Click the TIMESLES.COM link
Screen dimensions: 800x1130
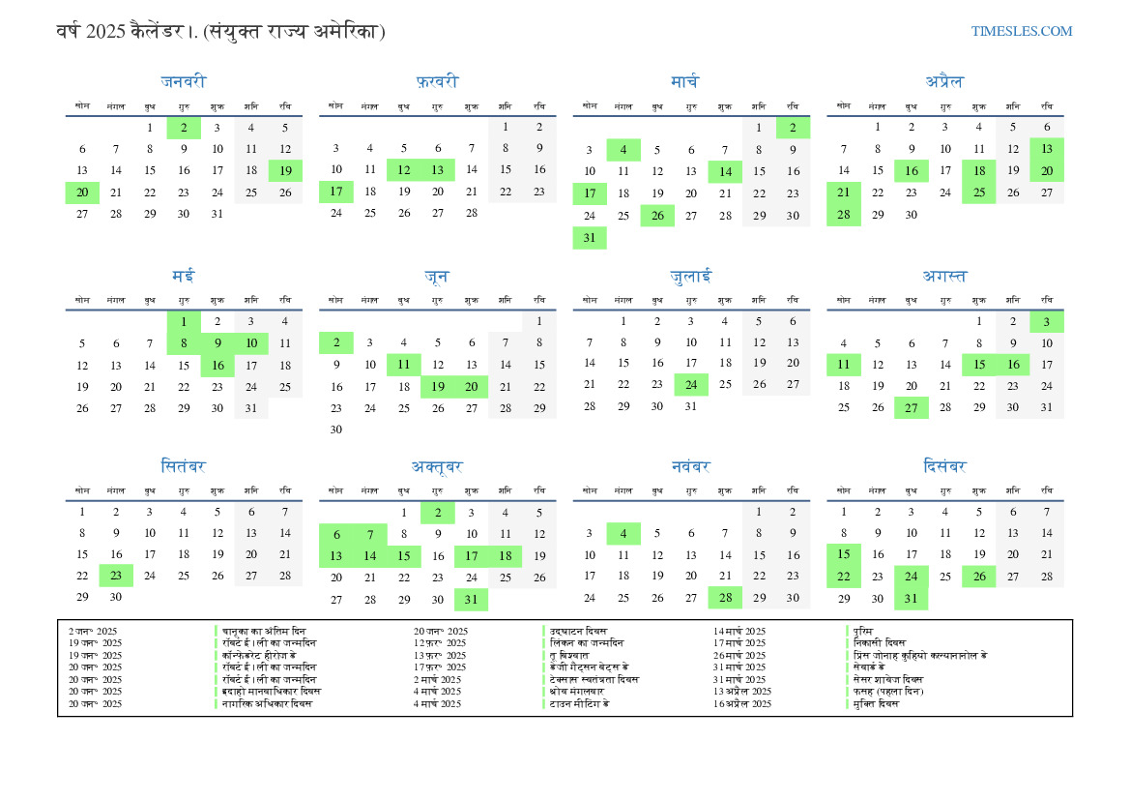coord(1022,31)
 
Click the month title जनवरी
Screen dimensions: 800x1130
coord(184,82)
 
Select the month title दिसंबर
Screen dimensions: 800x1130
coord(944,467)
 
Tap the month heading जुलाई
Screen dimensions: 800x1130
coord(691,276)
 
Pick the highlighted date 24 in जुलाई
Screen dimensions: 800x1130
coord(691,385)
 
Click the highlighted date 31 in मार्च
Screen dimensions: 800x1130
coord(590,238)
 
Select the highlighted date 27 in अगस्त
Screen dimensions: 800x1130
coord(911,407)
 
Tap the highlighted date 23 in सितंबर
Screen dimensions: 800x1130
coord(116,577)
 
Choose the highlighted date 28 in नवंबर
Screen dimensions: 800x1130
coord(725,599)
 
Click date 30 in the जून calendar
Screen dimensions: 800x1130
coord(336,430)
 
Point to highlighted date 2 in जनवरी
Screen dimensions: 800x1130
coord(184,127)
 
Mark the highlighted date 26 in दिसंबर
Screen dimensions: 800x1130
coord(978,577)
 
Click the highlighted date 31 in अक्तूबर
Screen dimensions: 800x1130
coord(471,599)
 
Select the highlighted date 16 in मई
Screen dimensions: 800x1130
coord(217,366)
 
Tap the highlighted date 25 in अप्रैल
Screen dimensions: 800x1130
coord(978,193)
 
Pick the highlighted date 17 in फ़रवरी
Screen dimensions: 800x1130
coord(336,193)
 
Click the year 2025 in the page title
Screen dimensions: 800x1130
coord(105,32)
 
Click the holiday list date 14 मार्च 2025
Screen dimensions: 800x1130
coord(739,631)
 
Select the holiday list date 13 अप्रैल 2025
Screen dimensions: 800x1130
coord(742,692)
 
